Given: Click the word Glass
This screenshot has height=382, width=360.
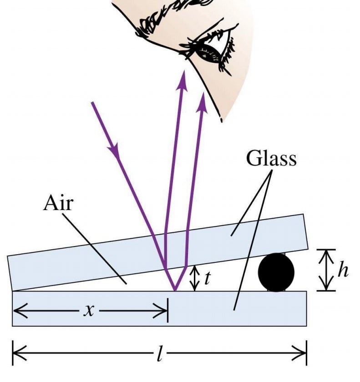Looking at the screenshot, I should [x=271, y=159].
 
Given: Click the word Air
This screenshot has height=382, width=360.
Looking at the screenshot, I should [x=58, y=203].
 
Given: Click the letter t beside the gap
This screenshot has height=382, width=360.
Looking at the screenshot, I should [x=207, y=278].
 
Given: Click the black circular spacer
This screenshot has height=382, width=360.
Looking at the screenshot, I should [x=276, y=272].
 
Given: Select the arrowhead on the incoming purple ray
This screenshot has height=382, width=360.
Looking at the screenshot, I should [x=114, y=147].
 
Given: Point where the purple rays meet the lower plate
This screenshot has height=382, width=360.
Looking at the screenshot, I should [x=174, y=290].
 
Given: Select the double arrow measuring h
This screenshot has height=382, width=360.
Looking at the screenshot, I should [x=326, y=270].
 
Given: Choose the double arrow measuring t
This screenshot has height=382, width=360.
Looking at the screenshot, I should [x=195, y=278].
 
